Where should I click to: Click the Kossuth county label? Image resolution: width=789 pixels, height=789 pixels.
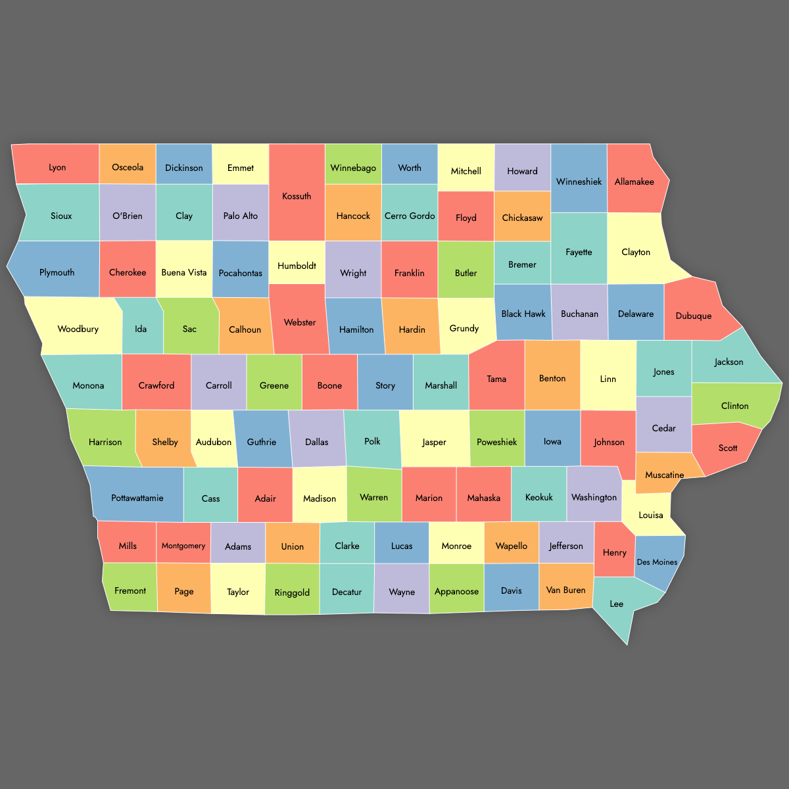pos(297,196)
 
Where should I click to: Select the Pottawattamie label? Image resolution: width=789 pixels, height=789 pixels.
pos(137,498)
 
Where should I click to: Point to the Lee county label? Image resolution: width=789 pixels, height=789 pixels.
pos(617,604)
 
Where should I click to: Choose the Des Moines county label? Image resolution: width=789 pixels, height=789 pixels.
pos(657,562)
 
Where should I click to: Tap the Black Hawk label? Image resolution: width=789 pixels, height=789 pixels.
pos(523,314)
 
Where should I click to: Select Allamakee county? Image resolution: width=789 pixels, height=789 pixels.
pos(634,181)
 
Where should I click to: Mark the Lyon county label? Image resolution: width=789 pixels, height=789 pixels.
pos(57,167)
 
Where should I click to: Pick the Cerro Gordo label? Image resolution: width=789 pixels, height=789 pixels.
pos(410,216)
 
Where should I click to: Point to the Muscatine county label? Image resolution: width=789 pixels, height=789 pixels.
pos(664,475)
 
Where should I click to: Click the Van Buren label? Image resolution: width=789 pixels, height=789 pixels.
pos(565,590)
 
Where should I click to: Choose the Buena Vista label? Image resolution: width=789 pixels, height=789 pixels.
pos(184,272)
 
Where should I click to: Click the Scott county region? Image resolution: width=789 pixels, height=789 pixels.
pos(727,447)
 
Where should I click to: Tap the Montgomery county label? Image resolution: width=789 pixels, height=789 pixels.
pos(183,546)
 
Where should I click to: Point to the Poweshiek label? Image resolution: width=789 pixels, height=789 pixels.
pos(497,442)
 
